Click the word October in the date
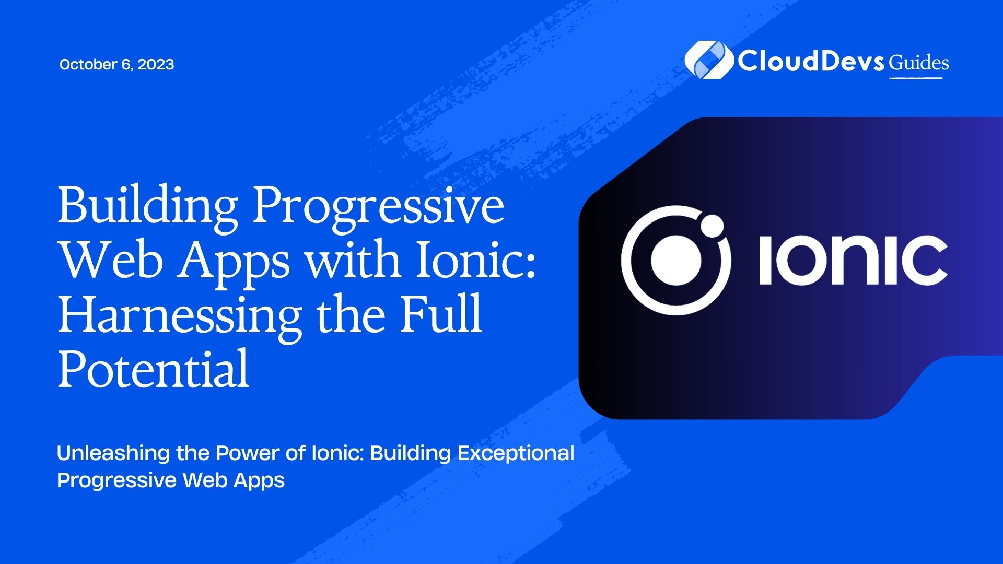(x=88, y=64)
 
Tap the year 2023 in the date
(x=156, y=64)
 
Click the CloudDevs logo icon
(x=709, y=60)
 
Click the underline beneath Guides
(x=915, y=78)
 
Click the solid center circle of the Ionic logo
(x=676, y=260)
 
